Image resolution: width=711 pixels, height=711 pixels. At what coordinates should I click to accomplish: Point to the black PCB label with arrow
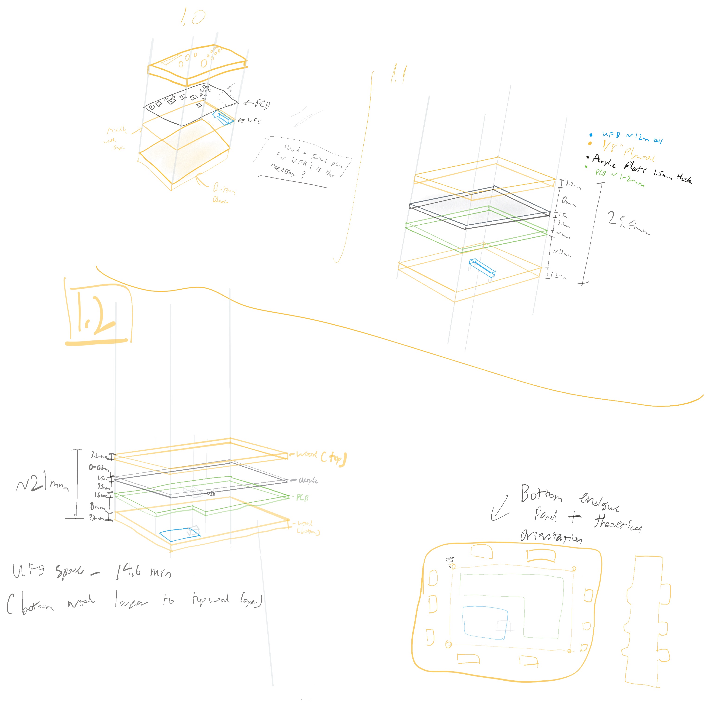pos(258,104)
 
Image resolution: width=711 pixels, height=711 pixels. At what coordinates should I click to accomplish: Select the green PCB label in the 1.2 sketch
pos(302,498)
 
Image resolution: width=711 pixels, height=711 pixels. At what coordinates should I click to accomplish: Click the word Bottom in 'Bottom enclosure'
pos(541,494)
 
